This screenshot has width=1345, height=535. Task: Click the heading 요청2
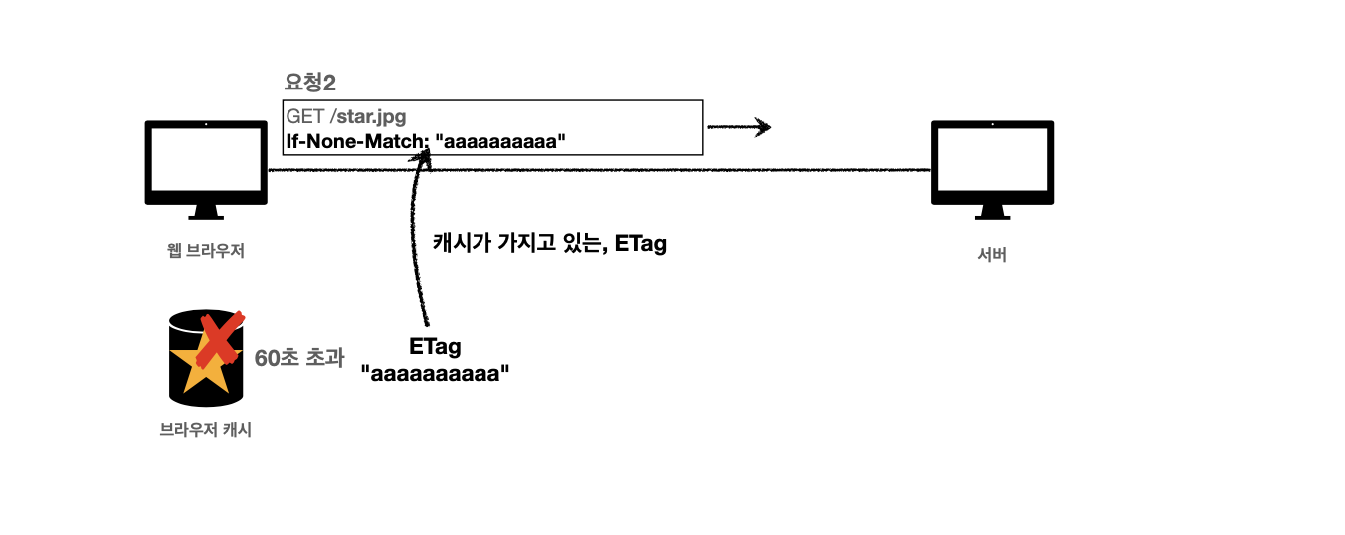point(309,84)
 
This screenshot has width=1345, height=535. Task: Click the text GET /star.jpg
point(346,117)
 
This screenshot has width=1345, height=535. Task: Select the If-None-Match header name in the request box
point(356,141)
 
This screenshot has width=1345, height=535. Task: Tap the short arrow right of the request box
point(739,127)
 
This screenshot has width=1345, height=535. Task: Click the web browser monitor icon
point(206,159)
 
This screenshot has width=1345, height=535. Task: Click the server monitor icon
point(992,159)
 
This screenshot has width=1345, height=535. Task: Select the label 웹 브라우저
point(206,251)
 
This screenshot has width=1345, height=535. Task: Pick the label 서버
point(992,254)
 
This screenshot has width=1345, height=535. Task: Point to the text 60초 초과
point(292,358)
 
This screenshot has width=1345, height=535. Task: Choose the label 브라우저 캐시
point(206,431)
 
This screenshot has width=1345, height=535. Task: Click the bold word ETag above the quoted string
point(435,347)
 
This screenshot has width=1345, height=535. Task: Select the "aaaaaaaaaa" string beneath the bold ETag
point(435,375)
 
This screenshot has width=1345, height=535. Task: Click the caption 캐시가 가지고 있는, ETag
point(549,242)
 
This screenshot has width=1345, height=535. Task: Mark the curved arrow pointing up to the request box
point(409,249)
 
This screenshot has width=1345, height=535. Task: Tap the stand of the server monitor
point(992,212)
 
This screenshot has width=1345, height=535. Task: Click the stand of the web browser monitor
point(206,212)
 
